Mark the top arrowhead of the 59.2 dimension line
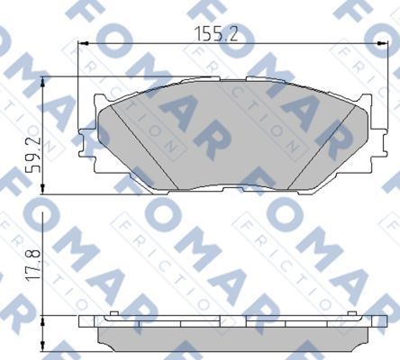click(x=42, y=80)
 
